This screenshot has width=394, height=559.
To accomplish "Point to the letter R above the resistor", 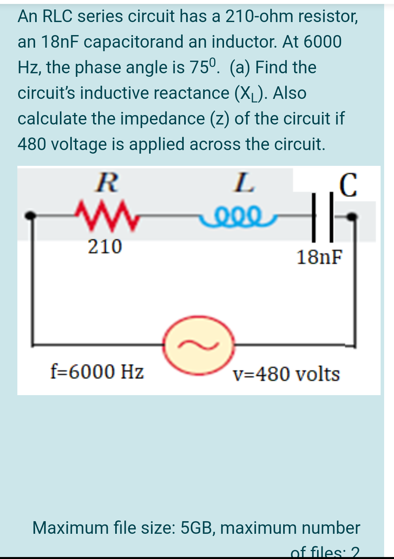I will tap(106, 183).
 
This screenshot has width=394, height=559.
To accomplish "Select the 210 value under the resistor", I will tap(105, 247).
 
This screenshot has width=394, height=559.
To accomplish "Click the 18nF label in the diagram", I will tap(319, 257).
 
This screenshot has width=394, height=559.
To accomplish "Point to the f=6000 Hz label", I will tap(97, 371).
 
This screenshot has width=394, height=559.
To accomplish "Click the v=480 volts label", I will tap(286, 374).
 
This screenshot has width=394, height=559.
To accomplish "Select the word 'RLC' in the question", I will tap(58, 17).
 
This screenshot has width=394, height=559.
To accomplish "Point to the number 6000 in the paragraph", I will tap(322, 42).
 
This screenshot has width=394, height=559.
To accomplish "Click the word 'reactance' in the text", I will tap(191, 93).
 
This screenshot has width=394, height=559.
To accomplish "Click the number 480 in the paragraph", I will tap(32, 144).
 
